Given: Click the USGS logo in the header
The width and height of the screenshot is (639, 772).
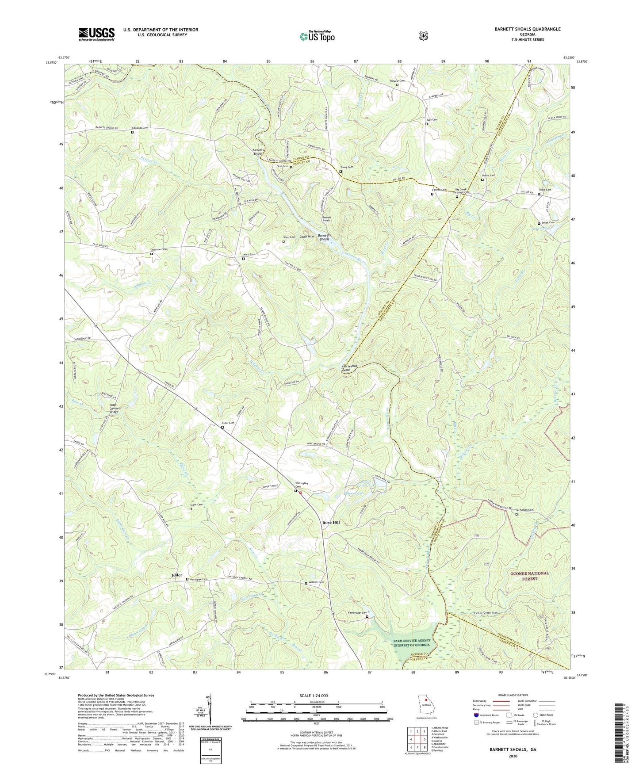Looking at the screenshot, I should [96, 34].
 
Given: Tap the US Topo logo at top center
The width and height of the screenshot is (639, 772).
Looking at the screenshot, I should [317, 36].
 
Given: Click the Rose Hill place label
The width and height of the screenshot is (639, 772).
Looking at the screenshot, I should [331, 522].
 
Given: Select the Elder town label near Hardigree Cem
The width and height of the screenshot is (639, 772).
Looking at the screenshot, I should [177, 575].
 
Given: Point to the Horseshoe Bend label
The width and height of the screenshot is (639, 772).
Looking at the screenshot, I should [349, 368].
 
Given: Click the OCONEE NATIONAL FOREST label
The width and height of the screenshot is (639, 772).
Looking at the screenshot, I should [529, 576].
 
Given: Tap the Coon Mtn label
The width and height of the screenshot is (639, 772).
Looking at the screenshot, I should [306, 237].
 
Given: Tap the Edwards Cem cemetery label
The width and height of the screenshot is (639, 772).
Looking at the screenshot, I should [139, 128].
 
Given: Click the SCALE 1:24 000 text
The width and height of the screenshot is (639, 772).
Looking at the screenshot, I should [314, 696].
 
